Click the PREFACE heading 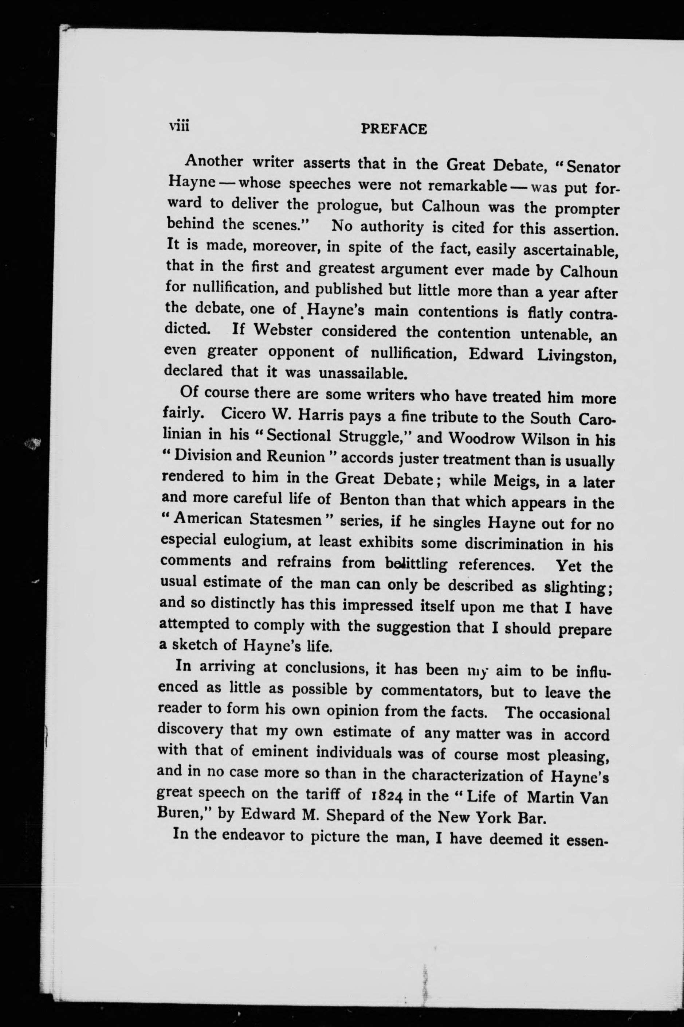tap(394, 129)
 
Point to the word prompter tap(587, 210)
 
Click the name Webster tap(283, 330)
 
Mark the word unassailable tap(366, 373)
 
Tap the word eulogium tap(256, 540)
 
